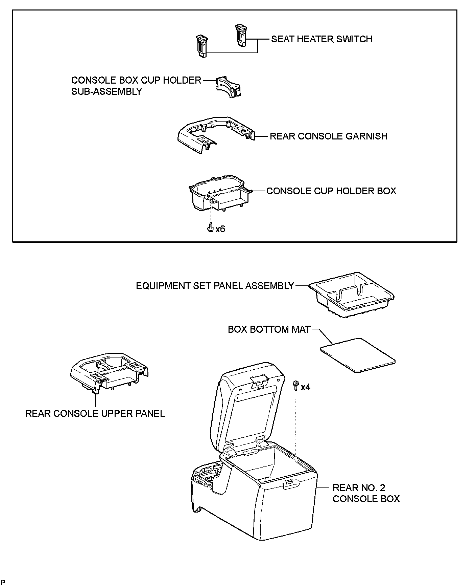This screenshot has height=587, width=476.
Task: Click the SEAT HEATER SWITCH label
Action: [322, 39]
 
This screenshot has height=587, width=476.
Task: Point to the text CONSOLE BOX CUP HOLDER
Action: [136, 81]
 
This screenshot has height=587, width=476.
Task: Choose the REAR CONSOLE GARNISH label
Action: [328, 136]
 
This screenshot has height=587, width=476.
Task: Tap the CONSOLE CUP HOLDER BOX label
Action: [331, 191]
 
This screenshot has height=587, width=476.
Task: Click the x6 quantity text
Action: [220, 229]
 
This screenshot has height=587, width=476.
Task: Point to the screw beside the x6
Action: [210, 227]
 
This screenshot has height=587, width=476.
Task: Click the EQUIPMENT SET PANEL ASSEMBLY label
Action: [215, 286]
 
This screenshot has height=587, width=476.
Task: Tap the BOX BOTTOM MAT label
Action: [269, 330]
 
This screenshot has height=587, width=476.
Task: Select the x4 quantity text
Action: [305, 387]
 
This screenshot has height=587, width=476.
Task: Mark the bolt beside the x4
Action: [296, 385]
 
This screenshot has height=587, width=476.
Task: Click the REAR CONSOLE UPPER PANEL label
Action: [95, 414]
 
